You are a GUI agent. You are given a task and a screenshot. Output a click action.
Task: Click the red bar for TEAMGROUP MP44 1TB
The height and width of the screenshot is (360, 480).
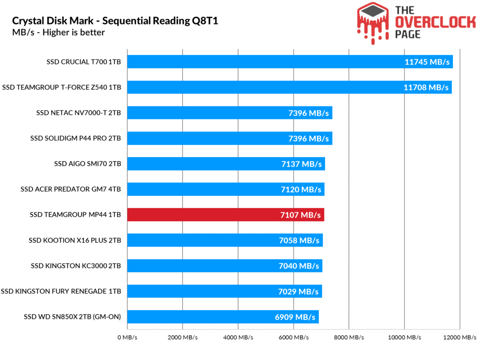point(225,215)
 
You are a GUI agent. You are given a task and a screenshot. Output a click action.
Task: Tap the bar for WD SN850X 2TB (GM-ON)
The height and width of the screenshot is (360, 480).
point(223,317)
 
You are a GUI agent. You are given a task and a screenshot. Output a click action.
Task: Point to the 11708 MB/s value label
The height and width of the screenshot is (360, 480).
point(426,87)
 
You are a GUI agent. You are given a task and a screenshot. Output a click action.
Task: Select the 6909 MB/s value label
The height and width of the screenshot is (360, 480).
point(294,317)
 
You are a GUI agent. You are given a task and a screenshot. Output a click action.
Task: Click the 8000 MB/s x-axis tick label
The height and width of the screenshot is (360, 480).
point(349,337)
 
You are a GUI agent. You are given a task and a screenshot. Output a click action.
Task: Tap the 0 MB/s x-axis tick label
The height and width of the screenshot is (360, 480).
point(127,337)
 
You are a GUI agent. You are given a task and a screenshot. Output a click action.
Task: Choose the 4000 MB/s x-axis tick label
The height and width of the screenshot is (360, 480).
point(238,337)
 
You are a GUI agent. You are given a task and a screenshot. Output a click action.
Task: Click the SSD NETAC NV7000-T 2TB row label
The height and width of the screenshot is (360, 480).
point(78,113)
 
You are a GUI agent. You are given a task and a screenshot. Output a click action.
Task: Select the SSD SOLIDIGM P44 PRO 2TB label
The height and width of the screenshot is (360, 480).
point(75,138)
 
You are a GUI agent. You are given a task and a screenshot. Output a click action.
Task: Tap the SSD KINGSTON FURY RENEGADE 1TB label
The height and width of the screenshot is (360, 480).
point(61,292)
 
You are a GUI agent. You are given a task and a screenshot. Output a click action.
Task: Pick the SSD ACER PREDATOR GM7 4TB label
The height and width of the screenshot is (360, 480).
point(71,189)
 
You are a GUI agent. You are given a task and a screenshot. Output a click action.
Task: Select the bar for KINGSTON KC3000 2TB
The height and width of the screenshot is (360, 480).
point(224,266)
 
